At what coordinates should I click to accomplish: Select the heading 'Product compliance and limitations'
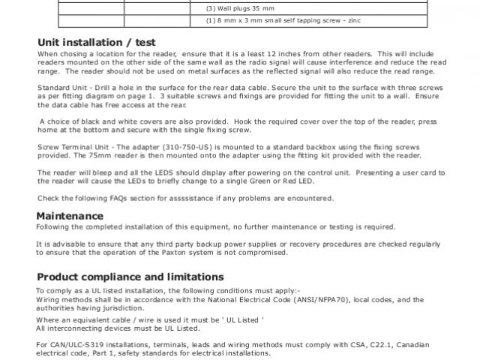tap(130, 276)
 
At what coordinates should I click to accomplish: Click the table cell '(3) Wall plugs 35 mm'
tap(238, 7)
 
